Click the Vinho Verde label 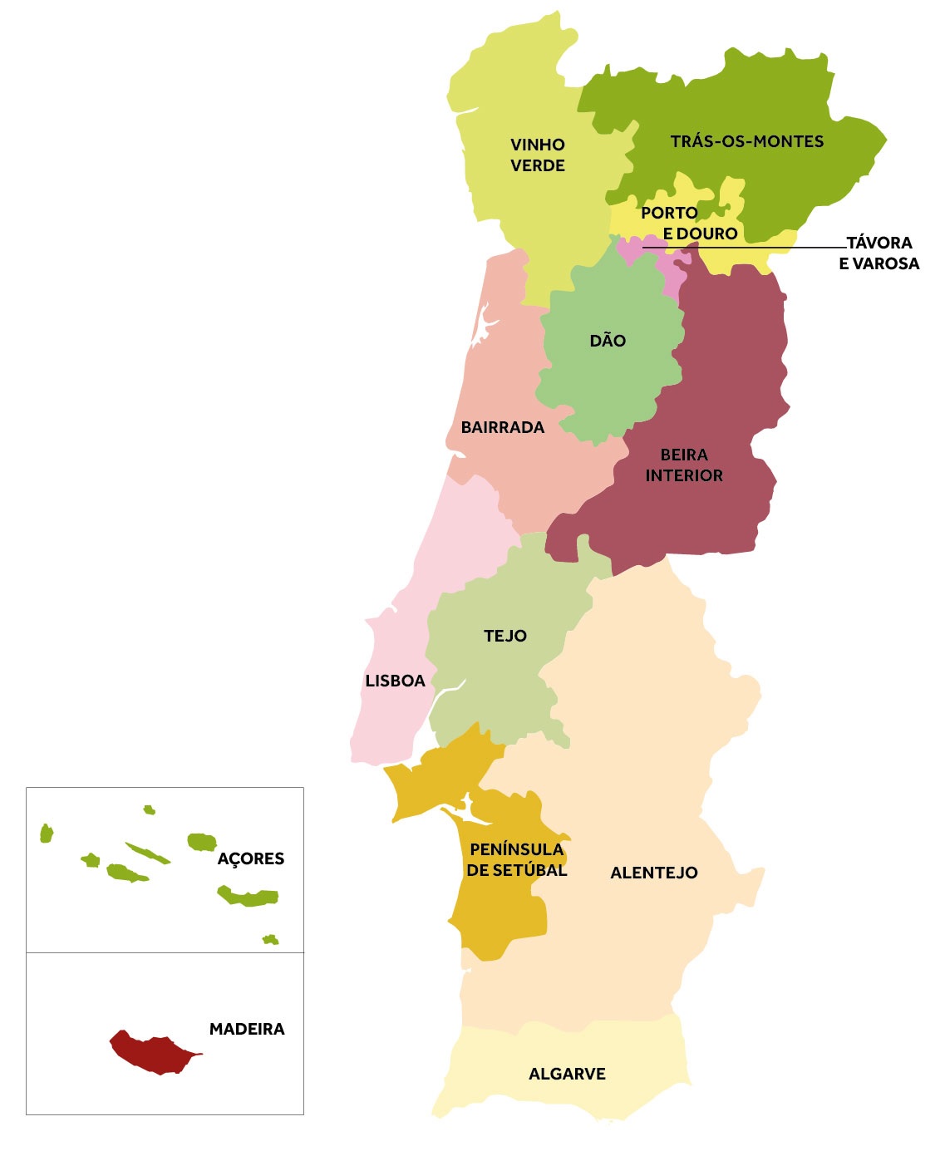pos(538,155)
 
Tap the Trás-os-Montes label pos(747,141)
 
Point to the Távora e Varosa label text pos(879,253)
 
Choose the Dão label pos(608,341)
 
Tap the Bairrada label pos(503,427)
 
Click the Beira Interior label pos(684,465)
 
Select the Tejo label pos(505,636)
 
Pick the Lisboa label pos(395,681)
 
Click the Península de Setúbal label pos(517,860)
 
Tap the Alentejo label pos(654,873)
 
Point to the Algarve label pos(567,1074)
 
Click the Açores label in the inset pos(250,859)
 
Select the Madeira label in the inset pos(247,1029)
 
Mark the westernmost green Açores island pos(47,834)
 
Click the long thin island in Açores pos(148,853)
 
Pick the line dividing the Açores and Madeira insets pos(165,952)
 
